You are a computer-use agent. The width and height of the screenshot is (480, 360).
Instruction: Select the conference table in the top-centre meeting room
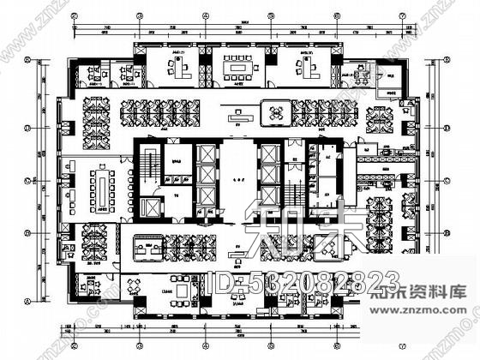coord(234,65)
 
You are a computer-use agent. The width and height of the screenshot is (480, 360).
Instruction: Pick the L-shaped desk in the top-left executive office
coord(181,63)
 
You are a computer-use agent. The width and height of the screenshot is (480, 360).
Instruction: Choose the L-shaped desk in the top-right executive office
coord(306,63)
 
